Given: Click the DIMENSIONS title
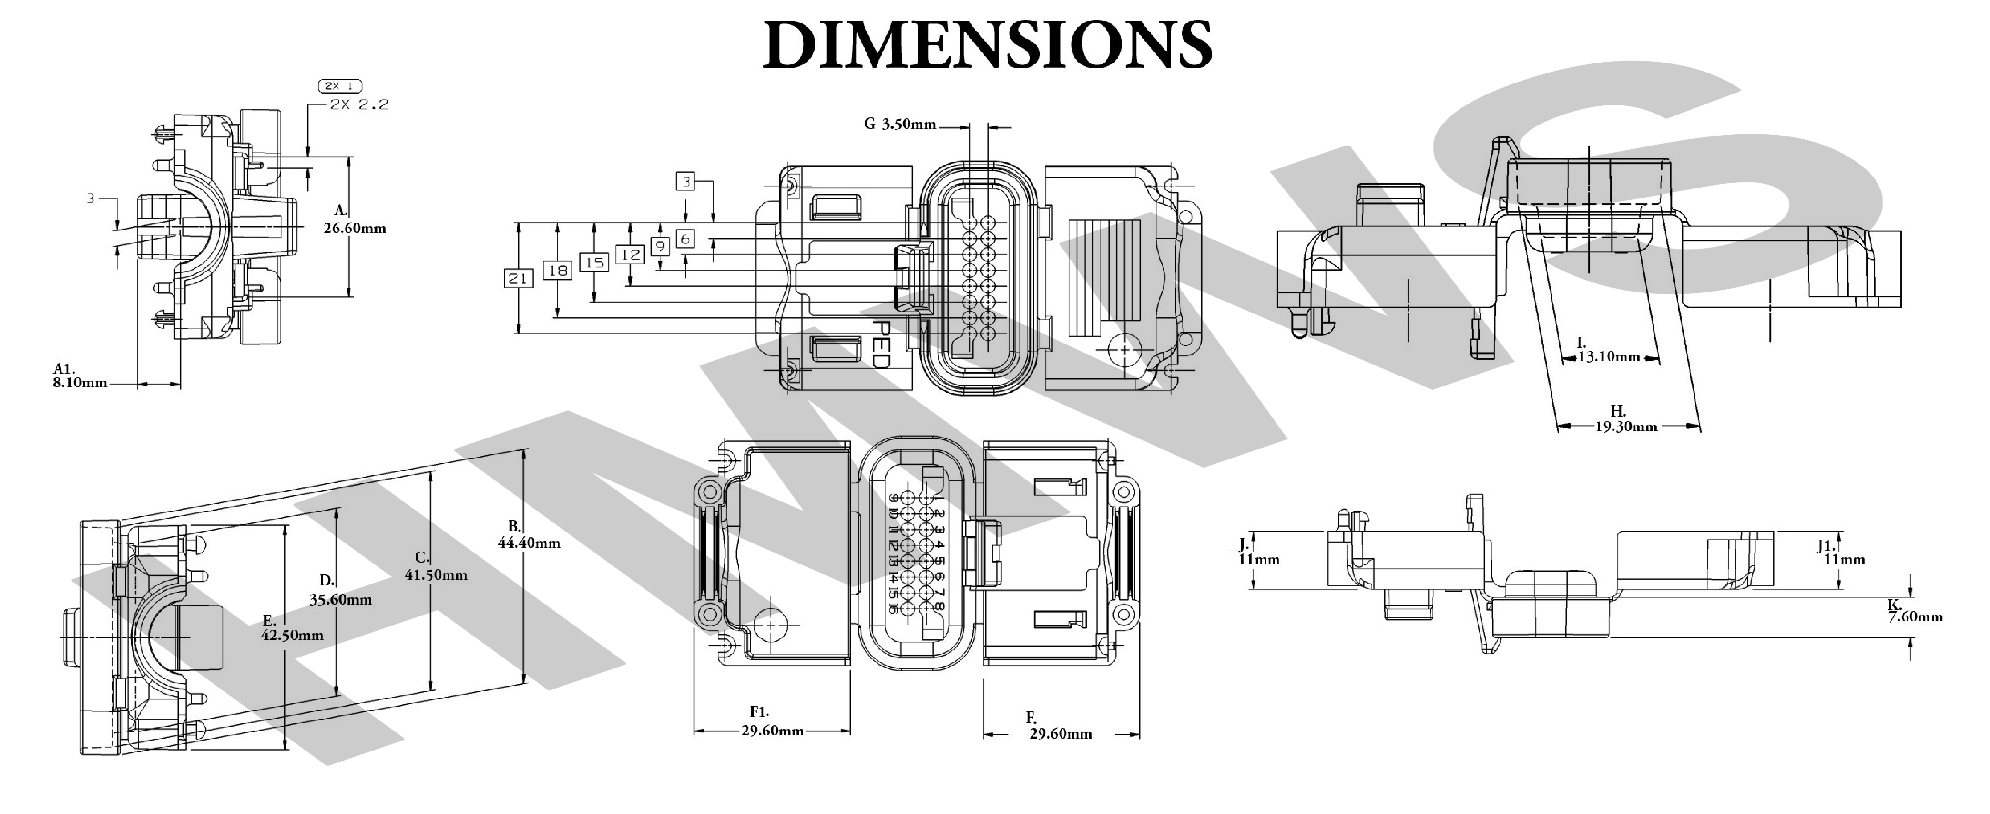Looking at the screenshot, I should [x=987, y=45].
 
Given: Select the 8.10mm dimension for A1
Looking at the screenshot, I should [x=80, y=383].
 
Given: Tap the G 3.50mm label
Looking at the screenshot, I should [x=899, y=124].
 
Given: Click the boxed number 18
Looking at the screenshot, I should [x=557, y=271].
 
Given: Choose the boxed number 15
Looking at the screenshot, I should [x=593, y=263].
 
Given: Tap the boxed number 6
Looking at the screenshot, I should [x=685, y=239].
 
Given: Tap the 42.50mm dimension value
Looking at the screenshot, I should [x=292, y=636].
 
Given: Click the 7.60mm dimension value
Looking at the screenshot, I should [x=1915, y=617].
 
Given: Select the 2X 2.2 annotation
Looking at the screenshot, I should [x=359, y=104].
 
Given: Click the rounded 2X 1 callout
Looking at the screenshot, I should [x=340, y=86].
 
